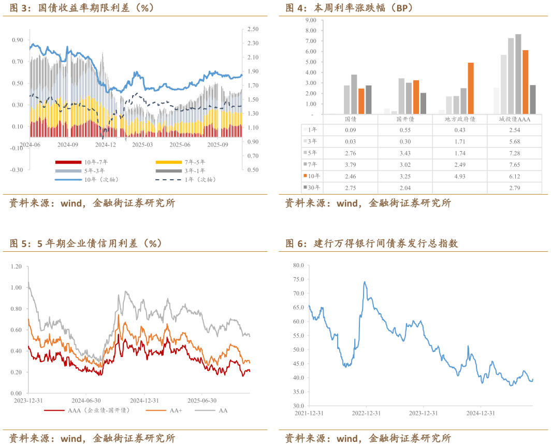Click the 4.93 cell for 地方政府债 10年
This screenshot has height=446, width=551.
click(460, 177)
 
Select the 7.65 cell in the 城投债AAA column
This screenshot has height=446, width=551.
click(515, 165)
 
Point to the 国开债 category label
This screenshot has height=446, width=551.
click(405, 119)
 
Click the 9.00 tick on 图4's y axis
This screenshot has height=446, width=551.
click(310, 20)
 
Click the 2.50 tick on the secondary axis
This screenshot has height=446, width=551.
click(253, 30)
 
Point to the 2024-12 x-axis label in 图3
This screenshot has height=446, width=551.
click(106, 145)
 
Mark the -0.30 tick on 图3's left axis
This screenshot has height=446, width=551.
click(17, 169)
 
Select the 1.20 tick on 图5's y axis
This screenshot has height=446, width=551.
click(16, 266)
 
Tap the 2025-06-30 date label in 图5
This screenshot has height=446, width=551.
click(201, 400)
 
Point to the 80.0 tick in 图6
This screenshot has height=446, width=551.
click(298, 265)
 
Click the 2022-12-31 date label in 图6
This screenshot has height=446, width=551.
click(366, 413)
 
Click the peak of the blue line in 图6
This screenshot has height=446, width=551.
click(365, 282)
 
